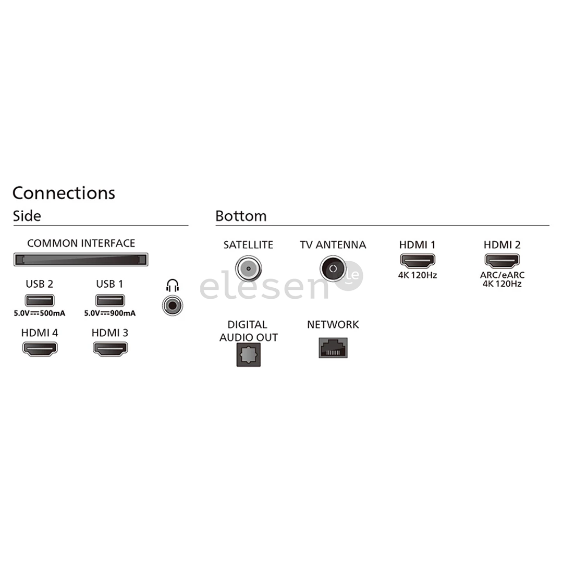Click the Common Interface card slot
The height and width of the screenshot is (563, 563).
(x=81, y=260)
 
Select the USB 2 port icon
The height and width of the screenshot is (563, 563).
(x=40, y=300)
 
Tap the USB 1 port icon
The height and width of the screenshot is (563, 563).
(x=110, y=300)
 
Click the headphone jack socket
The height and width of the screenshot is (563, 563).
(x=173, y=305)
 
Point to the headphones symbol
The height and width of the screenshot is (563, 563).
(x=173, y=286)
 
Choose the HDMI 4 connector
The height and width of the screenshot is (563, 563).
(x=40, y=349)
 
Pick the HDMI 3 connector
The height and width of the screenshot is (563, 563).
(x=110, y=349)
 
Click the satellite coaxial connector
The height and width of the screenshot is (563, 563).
(x=249, y=268)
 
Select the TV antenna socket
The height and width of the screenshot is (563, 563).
(x=333, y=268)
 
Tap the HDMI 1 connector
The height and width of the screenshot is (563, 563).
(x=418, y=261)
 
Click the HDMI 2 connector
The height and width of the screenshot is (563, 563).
(x=503, y=261)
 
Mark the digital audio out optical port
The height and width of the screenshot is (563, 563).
(x=249, y=355)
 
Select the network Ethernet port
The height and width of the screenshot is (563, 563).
(x=333, y=348)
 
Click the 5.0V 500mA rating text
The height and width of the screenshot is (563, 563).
(x=40, y=313)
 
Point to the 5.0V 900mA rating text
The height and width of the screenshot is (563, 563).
(x=110, y=313)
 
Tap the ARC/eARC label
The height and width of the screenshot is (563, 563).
(x=503, y=275)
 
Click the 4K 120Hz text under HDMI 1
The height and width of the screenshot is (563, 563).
(x=418, y=275)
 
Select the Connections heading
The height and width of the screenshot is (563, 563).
(x=64, y=193)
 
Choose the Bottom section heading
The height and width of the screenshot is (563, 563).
(x=241, y=216)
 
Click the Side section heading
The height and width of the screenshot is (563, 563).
(x=27, y=216)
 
